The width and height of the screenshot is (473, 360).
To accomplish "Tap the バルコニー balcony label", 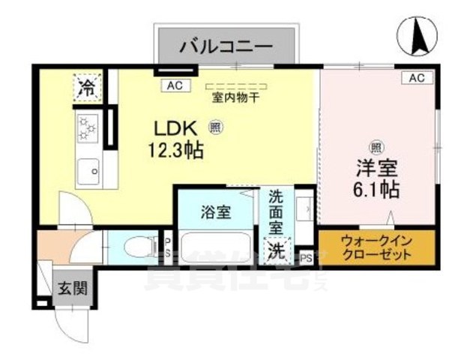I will (x=224, y=46).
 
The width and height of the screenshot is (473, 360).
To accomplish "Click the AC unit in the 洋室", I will (x=417, y=78).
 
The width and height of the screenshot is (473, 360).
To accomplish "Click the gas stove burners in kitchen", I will (x=88, y=127).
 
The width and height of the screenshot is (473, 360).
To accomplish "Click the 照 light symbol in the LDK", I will (x=215, y=127).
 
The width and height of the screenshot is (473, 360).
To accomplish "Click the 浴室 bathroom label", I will (x=216, y=211).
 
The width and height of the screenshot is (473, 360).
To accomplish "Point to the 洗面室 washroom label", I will (x=277, y=212).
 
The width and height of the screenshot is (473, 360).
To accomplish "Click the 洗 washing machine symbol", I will (x=277, y=250).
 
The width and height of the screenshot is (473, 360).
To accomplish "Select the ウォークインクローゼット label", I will (x=376, y=247).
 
